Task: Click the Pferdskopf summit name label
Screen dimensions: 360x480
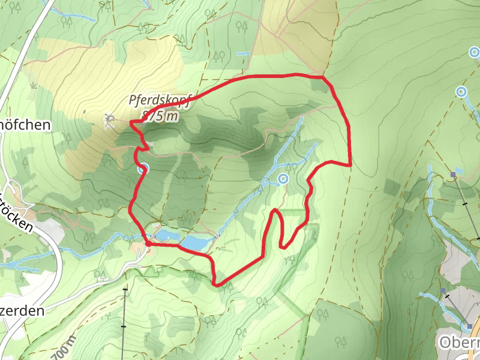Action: pos(160,101)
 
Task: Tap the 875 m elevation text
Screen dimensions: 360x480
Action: pos(160,116)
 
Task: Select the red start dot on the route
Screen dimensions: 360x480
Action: pos(148,244)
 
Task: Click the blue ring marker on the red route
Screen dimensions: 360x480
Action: pos(142,169)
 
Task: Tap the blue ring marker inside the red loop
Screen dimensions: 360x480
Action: pos(284,178)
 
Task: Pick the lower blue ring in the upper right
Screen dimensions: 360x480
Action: pos(461,92)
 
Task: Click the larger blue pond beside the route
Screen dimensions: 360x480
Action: pos(195,242)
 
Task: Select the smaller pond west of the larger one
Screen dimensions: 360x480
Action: pos(163,233)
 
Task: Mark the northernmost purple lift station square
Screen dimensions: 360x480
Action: pos(454,175)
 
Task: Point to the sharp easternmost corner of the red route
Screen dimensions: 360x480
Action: pos(350,164)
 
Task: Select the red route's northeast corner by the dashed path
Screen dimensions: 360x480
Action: pos(324,77)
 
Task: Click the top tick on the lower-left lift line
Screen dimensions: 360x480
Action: pos(125,290)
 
